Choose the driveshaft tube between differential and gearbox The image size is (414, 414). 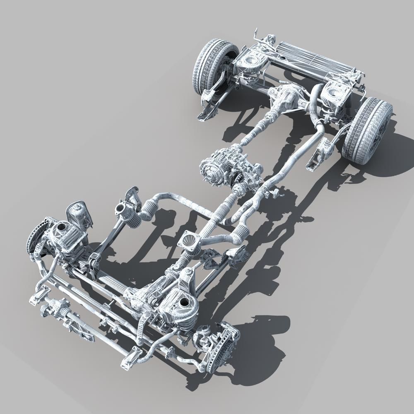point(257,128)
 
